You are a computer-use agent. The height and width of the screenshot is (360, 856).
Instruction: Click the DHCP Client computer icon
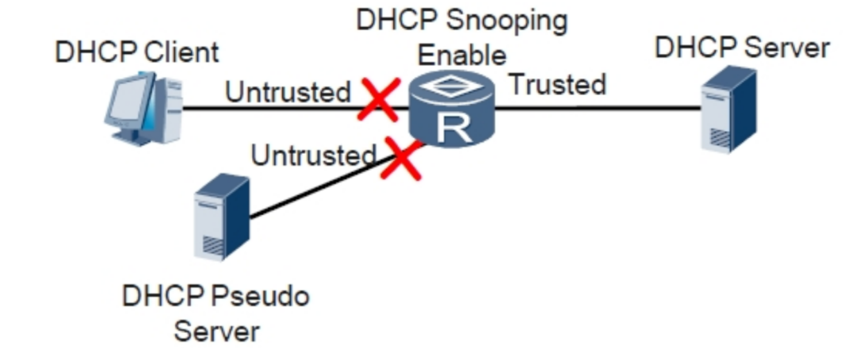pos(143,109)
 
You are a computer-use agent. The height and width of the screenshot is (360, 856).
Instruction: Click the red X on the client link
pos(378,100)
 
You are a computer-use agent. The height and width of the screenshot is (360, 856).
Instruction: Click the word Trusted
pos(557,83)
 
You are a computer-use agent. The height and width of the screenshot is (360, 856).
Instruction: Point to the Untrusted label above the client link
pos(288,92)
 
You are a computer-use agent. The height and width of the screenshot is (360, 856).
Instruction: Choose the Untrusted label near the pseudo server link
pos(313,155)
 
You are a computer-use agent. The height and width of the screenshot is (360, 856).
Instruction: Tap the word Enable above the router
pos(462,55)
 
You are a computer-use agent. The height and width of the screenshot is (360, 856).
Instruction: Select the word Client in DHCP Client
pos(182,52)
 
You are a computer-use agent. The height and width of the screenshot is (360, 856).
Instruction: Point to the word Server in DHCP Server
pos(787,47)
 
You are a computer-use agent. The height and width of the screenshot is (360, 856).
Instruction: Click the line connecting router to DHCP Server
pos(602,107)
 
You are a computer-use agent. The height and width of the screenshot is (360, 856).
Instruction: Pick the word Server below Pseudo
pos(216,330)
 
